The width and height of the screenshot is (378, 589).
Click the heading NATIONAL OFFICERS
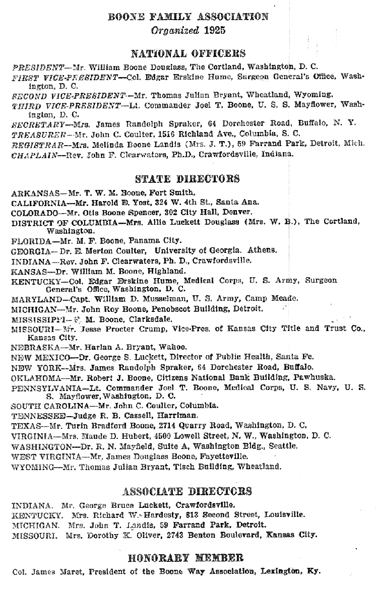pos(188,53)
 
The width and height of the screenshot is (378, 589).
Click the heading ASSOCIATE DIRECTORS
pos(187,491)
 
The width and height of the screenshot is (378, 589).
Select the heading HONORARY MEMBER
pos(187,558)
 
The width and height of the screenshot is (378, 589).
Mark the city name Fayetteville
pos(223,456)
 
